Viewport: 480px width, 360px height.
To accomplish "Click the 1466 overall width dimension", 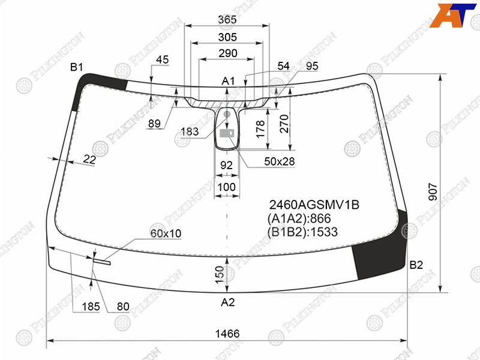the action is [x=227, y=334].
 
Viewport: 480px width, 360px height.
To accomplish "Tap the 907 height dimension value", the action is [x=433, y=192].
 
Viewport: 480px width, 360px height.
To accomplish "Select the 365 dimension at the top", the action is [x=227, y=20].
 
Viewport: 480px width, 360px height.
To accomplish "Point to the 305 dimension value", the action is [x=227, y=37].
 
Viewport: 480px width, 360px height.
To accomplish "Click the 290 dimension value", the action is [x=228, y=53].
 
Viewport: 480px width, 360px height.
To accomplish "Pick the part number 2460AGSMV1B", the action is [x=314, y=205].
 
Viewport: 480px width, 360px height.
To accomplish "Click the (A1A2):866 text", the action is [x=299, y=218].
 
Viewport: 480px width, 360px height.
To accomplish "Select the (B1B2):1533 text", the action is [x=302, y=232].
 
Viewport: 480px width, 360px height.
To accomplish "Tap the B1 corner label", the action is [x=77, y=67].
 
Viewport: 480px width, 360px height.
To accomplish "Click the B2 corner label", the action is [x=416, y=265].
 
